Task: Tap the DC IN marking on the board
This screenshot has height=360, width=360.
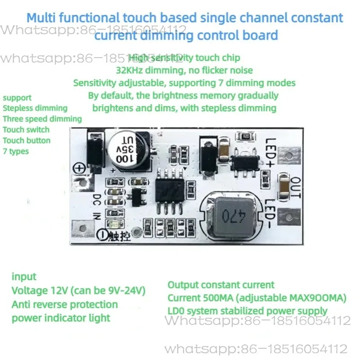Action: [96, 207]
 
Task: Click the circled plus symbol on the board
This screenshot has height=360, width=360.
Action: [80, 168]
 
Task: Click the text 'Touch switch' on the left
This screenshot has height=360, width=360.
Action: [26, 129]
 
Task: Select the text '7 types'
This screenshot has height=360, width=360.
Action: [16, 151]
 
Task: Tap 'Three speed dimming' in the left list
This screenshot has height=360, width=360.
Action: [42, 119]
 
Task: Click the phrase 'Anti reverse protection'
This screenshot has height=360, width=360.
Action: [64, 304]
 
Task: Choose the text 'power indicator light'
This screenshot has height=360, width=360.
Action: [61, 318]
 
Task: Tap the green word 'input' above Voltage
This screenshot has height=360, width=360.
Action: [24, 276]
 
